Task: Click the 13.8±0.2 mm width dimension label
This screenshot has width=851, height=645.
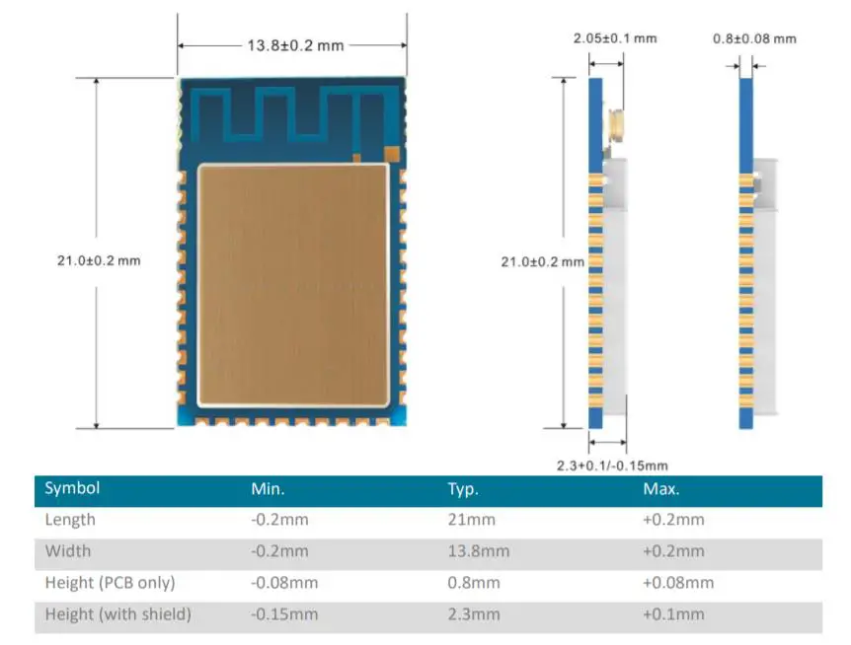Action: click(x=291, y=45)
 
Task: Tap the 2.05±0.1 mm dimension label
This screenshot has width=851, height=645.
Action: click(x=615, y=38)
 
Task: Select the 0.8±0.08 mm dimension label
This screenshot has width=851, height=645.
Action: click(x=754, y=38)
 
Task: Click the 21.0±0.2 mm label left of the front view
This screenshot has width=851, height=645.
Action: click(x=99, y=260)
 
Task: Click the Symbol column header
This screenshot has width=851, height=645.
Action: click(x=72, y=488)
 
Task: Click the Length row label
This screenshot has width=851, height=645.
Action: click(x=70, y=520)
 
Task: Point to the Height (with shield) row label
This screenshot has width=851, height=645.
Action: click(x=118, y=614)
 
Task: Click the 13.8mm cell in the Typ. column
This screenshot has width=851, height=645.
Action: click(x=478, y=551)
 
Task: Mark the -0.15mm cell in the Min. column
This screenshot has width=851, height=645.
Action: click(x=284, y=614)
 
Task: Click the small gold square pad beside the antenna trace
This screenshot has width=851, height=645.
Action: click(x=392, y=154)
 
